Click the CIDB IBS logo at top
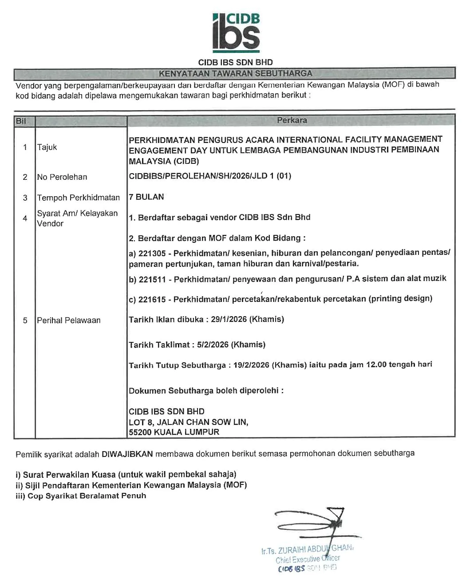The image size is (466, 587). (236, 31)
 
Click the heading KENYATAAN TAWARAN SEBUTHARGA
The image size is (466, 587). (235, 73)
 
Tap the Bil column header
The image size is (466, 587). (20, 121)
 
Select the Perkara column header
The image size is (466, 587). (292, 120)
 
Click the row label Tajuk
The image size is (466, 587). (47, 147)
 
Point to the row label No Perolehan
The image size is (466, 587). (62, 177)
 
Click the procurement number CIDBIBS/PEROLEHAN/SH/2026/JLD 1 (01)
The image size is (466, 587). (210, 176)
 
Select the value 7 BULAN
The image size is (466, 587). (146, 197)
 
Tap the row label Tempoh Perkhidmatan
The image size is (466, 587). (79, 198)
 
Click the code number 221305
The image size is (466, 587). (152, 254)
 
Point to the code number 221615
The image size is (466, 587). (152, 299)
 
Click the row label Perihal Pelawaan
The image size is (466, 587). (69, 320)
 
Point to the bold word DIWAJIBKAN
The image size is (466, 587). (127, 454)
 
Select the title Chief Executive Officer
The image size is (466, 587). (308, 559)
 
